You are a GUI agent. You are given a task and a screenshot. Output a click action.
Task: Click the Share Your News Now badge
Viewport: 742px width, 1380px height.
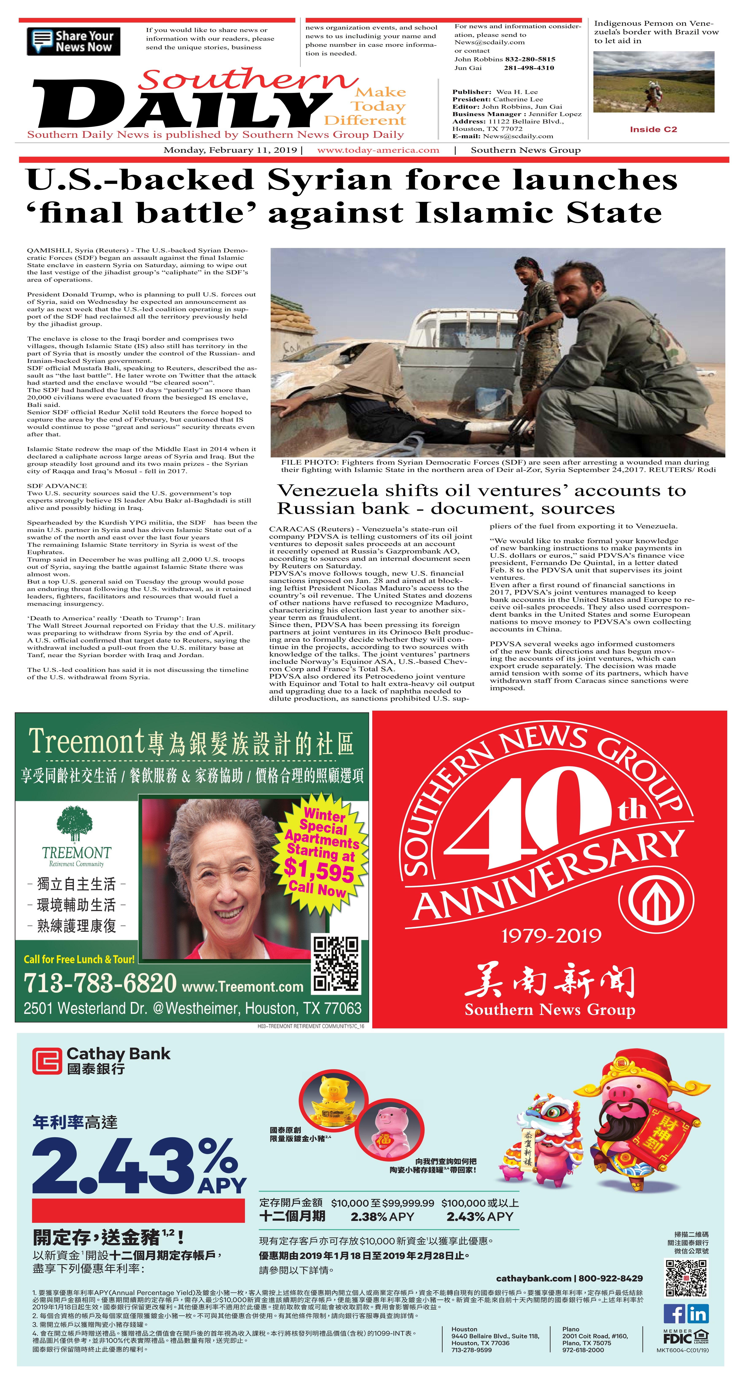tap(73, 41)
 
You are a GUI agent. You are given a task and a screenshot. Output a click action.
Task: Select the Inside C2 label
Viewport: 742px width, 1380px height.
tap(653, 129)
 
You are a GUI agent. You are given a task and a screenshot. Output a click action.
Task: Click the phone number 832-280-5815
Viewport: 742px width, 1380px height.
tap(530, 59)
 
